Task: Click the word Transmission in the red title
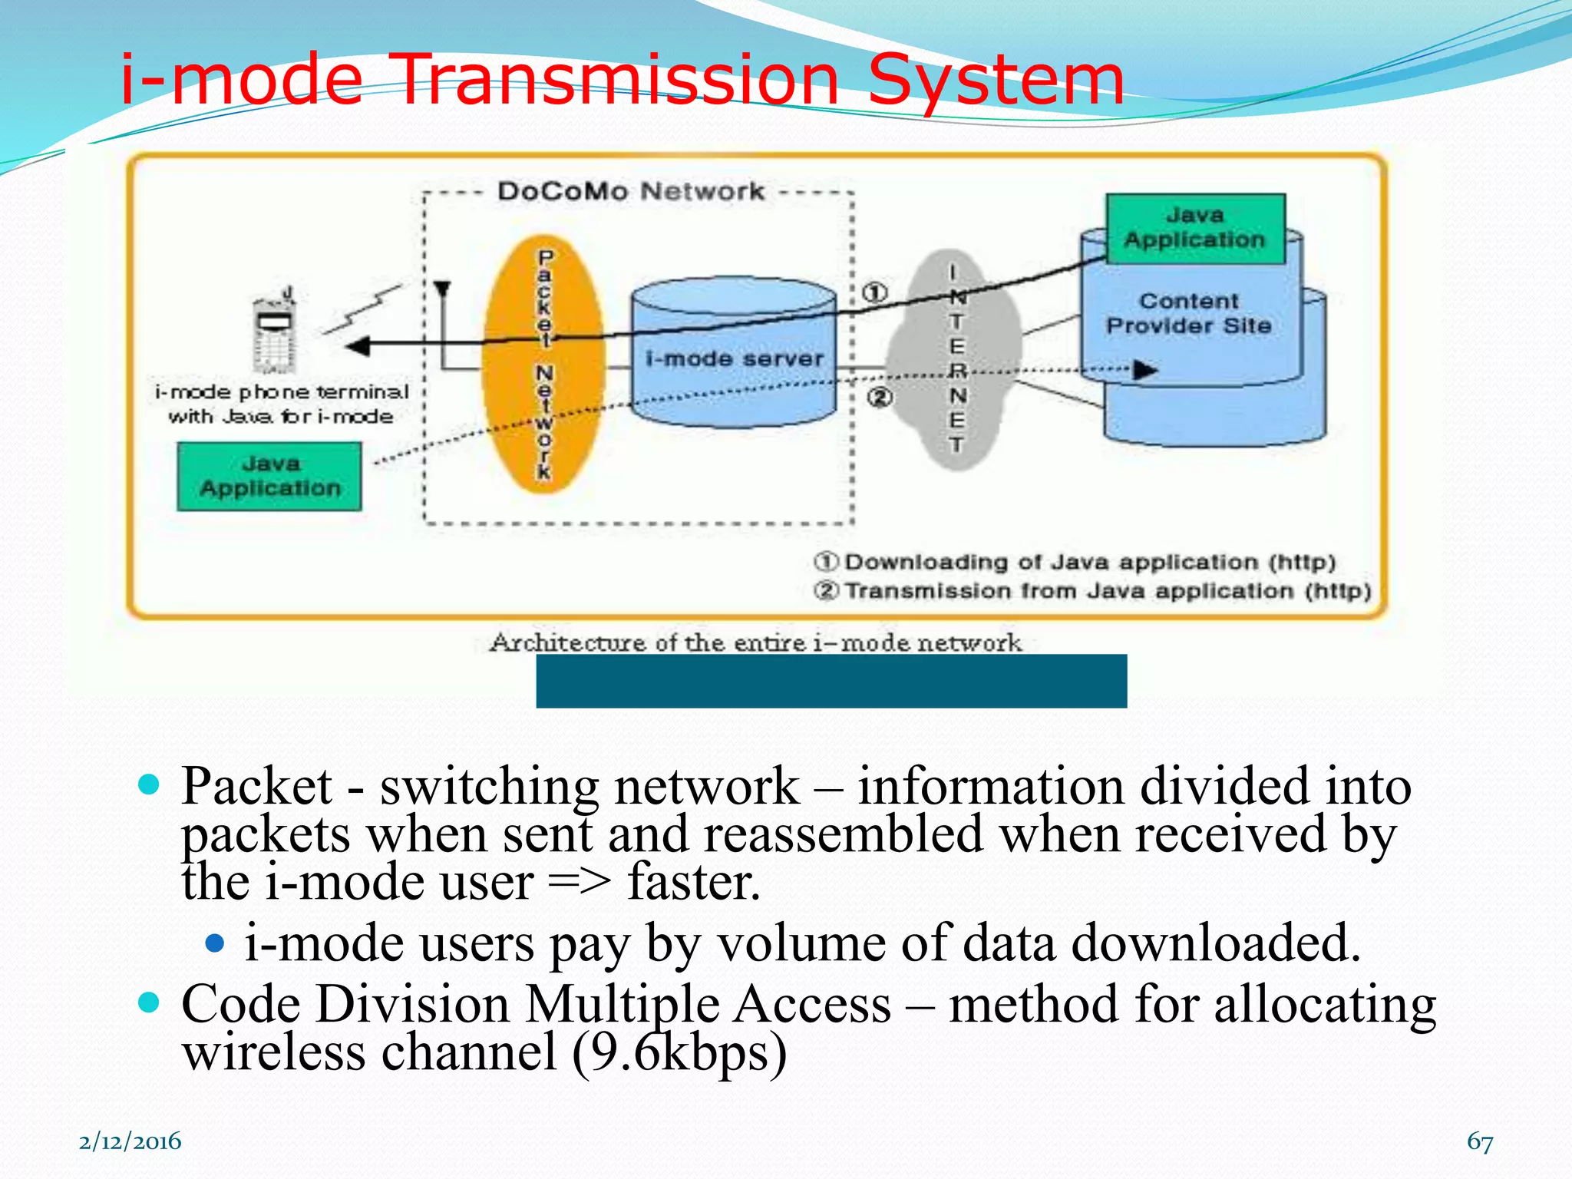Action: pos(618,79)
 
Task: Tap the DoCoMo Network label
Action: pos(630,191)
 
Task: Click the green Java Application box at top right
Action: pos(1194,228)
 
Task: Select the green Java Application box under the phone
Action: pos(269,476)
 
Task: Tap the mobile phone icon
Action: pos(275,330)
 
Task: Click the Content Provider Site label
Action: pos(1188,313)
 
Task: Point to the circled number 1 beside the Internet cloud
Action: pos(875,292)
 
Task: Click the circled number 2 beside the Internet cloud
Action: pos(880,397)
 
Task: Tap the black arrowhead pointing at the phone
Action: pos(358,346)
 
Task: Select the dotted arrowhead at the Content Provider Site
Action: pos(1144,370)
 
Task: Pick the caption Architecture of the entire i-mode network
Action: pos(755,642)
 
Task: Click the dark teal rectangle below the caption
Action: pos(831,681)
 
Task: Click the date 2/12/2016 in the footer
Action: pos(130,1141)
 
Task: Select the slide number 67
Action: pos(1479,1141)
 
